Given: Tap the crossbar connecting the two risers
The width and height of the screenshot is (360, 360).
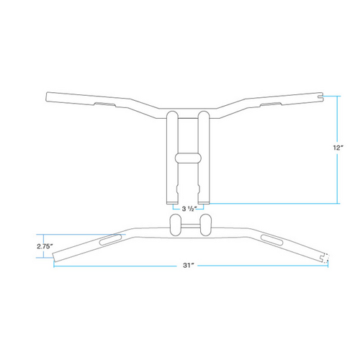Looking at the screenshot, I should [x=188, y=157].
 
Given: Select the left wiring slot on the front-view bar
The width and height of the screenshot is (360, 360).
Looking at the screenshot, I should [x=104, y=105].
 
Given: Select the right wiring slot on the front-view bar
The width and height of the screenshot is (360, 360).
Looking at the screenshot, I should [x=271, y=105].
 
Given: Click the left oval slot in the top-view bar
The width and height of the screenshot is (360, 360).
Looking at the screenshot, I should [x=110, y=239].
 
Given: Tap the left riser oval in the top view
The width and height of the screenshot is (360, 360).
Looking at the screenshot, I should [x=176, y=225].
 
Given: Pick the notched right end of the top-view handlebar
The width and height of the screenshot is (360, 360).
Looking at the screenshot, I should [x=323, y=256].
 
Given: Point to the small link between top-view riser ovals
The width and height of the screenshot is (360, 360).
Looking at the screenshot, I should [x=189, y=226].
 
